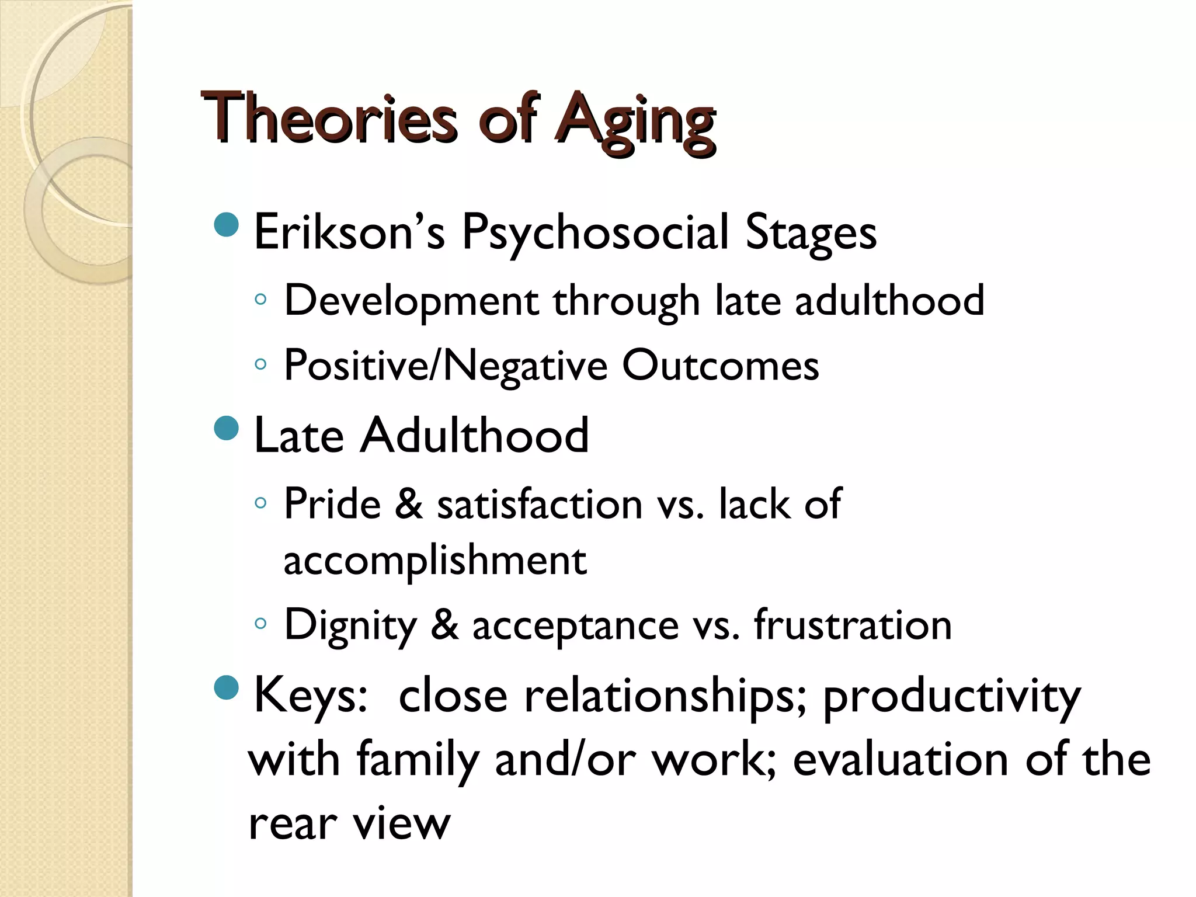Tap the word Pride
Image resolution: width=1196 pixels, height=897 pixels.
pos(332,503)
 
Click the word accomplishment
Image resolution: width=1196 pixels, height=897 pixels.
pos(434,559)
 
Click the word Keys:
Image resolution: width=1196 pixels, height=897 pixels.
pos(310,695)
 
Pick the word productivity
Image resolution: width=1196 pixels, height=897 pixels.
pos(951,696)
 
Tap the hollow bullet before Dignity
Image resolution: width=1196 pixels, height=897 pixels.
pos(260,624)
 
